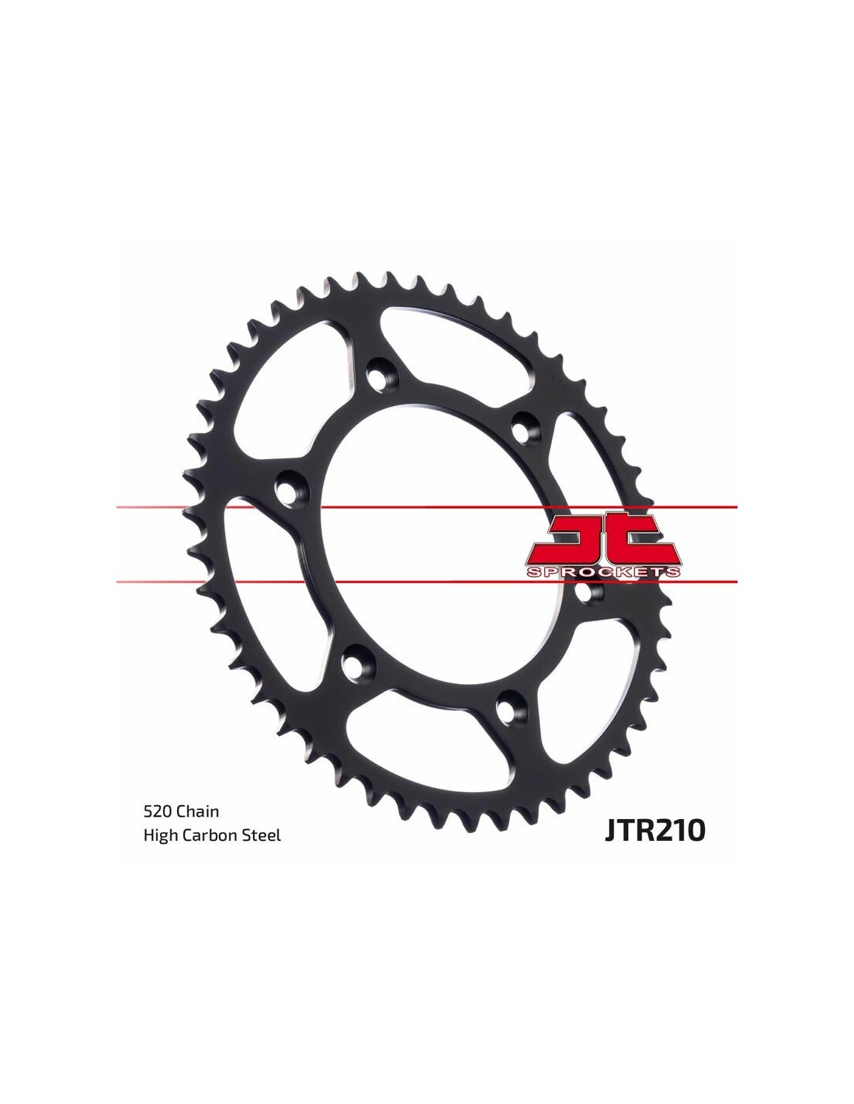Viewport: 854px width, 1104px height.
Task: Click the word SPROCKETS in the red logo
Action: (603, 572)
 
